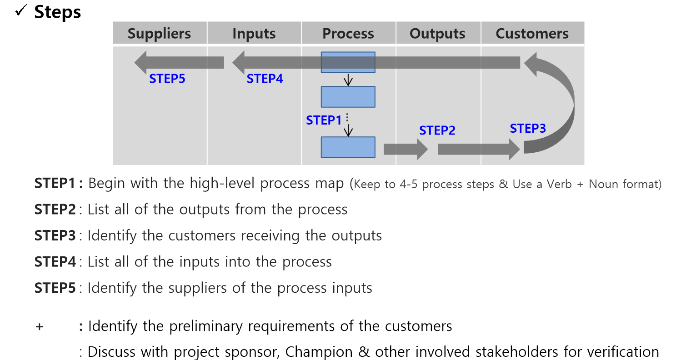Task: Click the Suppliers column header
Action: click(160, 34)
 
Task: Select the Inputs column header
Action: click(254, 34)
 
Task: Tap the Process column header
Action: click(348, 34)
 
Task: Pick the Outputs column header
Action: click(437, 34)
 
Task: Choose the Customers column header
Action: click(532, 34)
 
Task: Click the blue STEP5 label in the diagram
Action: click(167, 79)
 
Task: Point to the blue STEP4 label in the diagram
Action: click(265, 79)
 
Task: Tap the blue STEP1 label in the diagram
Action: click(324, 120)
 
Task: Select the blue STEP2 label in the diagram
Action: click(437, 131)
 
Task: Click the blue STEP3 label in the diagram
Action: click(528, 129)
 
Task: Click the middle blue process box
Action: click(348, 97)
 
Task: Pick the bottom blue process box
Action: click(348, 147)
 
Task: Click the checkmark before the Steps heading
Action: click(20, 12)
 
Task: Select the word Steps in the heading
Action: click(58, 12)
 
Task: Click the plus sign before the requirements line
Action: click(40, 327)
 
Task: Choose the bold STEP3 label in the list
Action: click(55, 236)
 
